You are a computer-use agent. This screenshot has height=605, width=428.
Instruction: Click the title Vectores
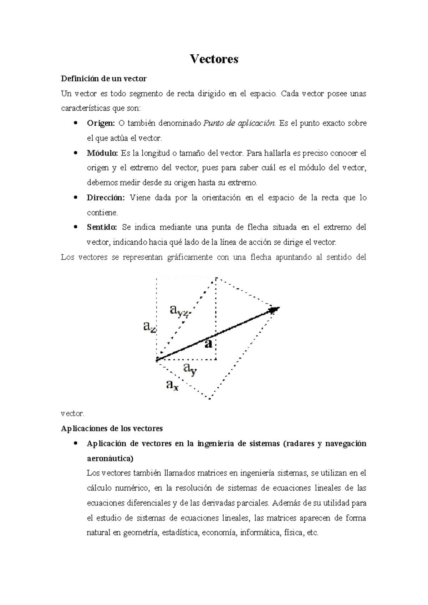[x=214, y=59]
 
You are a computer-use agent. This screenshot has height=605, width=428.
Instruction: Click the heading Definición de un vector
[x=104, y=78]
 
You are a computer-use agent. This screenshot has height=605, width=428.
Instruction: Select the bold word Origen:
[x=101, y=123]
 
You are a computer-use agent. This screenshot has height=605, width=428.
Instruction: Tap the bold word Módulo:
[x=102, y=153]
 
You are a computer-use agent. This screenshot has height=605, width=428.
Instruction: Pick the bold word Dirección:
[x=106, y=198]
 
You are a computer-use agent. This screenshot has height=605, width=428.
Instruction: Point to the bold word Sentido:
[x=102, y=227]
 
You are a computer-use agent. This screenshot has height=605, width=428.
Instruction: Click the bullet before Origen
[x=75, y=123]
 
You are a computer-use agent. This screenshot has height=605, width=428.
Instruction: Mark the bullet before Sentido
[x=75, y=227]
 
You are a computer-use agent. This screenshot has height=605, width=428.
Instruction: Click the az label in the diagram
[x=149, y=326]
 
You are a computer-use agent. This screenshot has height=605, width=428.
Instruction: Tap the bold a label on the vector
[x=209, y=343]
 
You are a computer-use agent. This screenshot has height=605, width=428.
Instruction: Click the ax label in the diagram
[x=172, y=385]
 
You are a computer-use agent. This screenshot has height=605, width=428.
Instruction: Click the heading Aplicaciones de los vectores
[x=112, y=428]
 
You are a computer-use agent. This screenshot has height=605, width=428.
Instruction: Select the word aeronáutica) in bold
[x=110, y=458]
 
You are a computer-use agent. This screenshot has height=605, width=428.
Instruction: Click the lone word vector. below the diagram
[x=72, y=414]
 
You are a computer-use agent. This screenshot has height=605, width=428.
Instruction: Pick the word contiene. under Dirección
[x=102, y=213]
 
